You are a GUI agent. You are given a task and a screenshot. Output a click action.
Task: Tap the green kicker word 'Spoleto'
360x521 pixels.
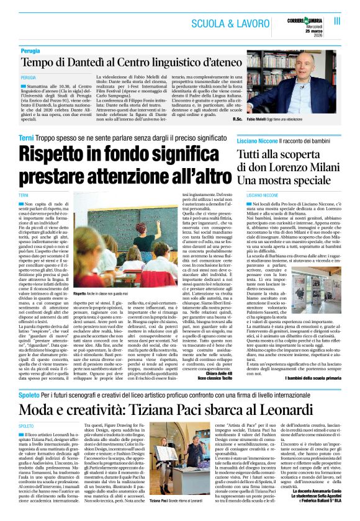pyautogui.click(x=29, y=394)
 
